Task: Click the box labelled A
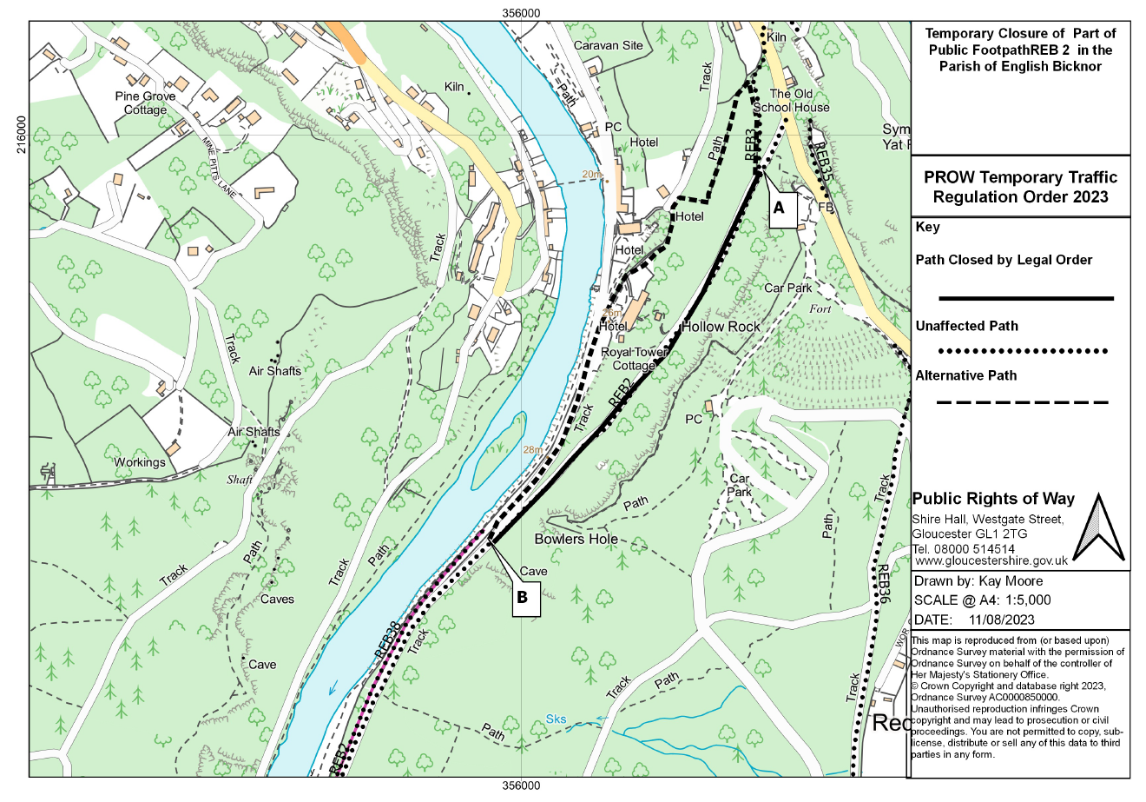point(779,209)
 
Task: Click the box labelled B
point(523,598)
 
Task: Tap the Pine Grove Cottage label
point(145,103)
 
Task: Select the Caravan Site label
point(608,45)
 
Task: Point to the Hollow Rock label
point(721,327)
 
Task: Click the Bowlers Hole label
point(576,539)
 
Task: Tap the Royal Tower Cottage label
point(635,359)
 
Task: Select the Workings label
point(140,462)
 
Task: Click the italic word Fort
point(820,308)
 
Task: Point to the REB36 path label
point(883,583)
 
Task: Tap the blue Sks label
point(557,719)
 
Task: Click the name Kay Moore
point(1007,581)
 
